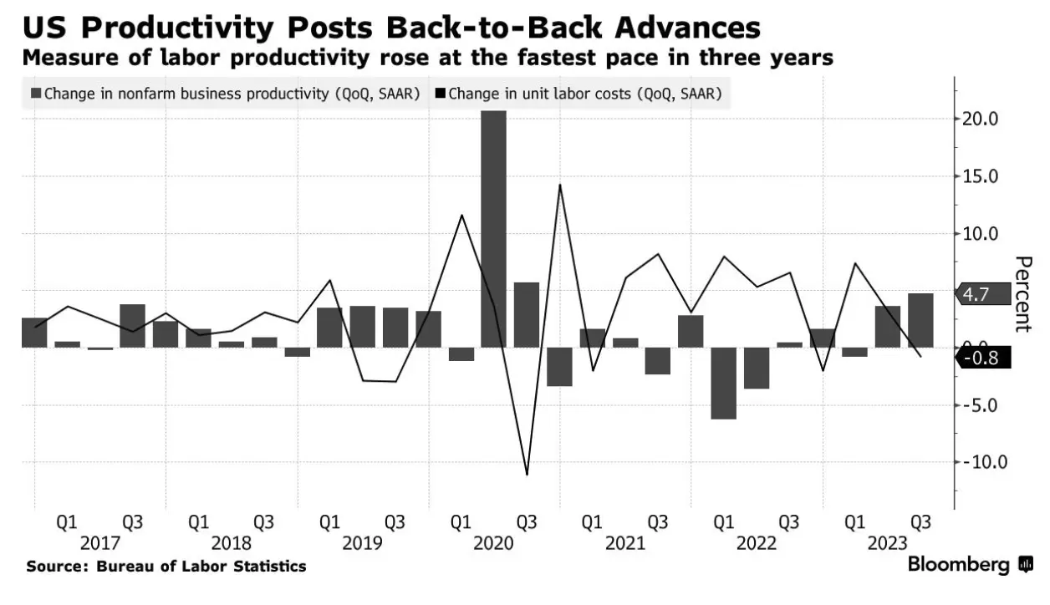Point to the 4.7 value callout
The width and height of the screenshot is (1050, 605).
[979, 293]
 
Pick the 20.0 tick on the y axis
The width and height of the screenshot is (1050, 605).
[981, 119]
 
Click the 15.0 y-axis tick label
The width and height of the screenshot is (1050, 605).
[981, 176]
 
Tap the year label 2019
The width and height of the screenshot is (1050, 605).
[362, 543]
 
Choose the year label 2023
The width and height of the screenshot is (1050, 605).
[887, 543]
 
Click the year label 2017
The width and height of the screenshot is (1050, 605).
[99, 543]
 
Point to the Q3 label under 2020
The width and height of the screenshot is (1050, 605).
[526, 523]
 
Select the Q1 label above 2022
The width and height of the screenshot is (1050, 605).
[723, 523]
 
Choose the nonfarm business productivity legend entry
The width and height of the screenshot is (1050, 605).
[226, 94]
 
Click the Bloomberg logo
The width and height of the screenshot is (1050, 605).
[971, 566]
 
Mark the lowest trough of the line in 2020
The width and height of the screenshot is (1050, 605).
[527, 475]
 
